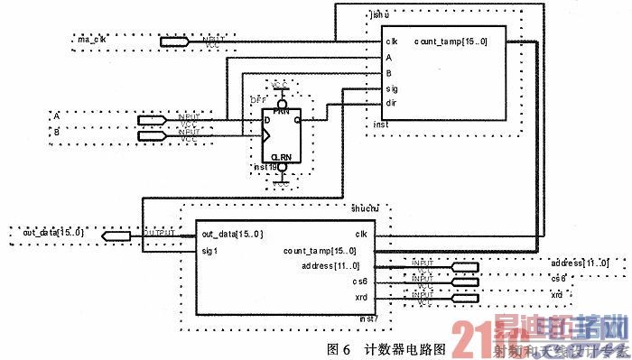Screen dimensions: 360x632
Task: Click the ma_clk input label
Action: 91,41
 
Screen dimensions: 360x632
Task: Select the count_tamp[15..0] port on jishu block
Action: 451,42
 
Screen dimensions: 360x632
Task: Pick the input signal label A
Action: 56,117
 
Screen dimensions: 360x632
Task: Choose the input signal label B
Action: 56,132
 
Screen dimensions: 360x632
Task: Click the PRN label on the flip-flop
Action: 281,110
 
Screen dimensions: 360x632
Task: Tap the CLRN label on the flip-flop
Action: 282,156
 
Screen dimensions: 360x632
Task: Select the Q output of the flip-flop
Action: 298,119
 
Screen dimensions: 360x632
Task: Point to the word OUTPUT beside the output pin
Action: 159,233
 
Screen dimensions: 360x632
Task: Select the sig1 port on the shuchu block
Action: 209,250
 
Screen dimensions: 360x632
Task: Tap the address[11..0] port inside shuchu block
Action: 330,265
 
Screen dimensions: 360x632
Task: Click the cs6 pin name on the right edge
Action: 559,279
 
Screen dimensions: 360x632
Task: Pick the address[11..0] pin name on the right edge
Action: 579,263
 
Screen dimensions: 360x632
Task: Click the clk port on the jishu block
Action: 392,42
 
